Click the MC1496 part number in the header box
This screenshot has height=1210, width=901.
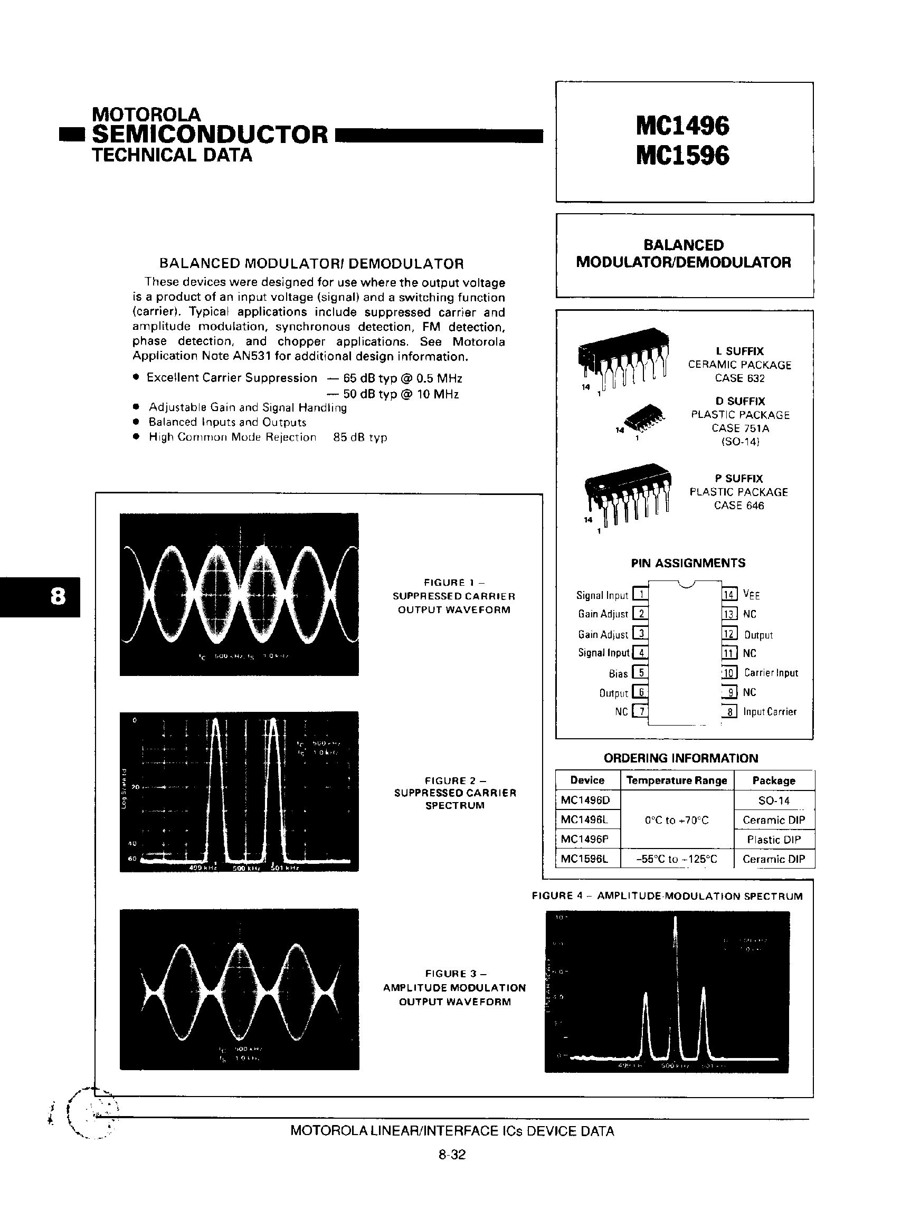tap(682, 126)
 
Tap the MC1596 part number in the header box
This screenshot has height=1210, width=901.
tap(682, 156)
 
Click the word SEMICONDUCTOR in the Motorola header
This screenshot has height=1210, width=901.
tap(210, 135)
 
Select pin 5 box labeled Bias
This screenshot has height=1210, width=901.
tap(640, 673)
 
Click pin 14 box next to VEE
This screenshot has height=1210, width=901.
tap(729, 594)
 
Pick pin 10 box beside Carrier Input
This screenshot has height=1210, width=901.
tap(729, 673)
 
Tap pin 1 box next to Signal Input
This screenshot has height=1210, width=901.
tap(640, 594)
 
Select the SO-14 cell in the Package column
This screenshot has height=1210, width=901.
tap(774, 801)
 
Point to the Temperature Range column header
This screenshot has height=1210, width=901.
tap(676, 780)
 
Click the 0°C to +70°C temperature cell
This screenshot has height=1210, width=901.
tap(676, 820)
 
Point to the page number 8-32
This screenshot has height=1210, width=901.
tap(452, 1155)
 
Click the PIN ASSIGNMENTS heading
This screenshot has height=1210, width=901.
tap(688, 563)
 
